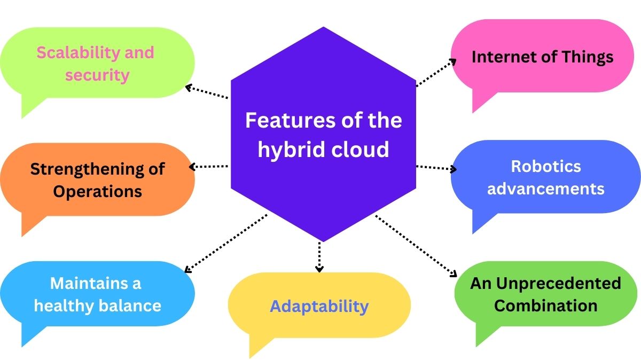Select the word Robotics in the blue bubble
(545, 166)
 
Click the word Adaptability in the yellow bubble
(319, 306)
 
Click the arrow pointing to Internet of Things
(435, 72)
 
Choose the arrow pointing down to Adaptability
(319, 256)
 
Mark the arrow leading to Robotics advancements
(435, 168)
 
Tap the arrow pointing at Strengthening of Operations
(209, 167)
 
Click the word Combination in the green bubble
(545, 306)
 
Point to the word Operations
(97, 192)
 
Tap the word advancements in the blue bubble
(545, 189)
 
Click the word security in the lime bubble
(97, 75)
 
